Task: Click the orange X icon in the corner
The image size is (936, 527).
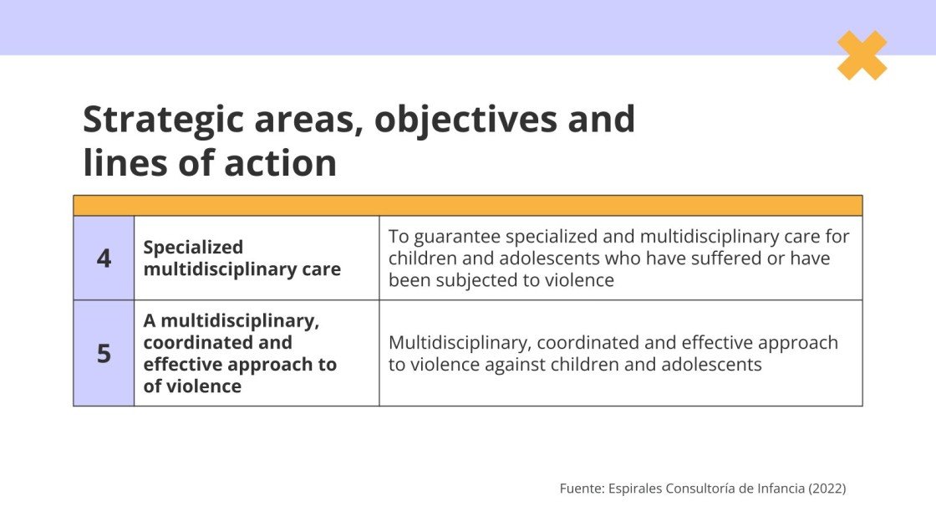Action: coord(862,55)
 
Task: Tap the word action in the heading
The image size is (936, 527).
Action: coord(280,163)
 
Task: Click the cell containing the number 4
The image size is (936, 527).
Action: coord(104,258)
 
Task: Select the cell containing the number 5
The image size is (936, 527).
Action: coord(104,353)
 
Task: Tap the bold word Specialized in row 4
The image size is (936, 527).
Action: coord(193,248)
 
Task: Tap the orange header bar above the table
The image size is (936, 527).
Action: coord(468,206)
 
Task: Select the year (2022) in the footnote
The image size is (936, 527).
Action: coord(827,489)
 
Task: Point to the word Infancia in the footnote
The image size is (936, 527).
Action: coord(778,489)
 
